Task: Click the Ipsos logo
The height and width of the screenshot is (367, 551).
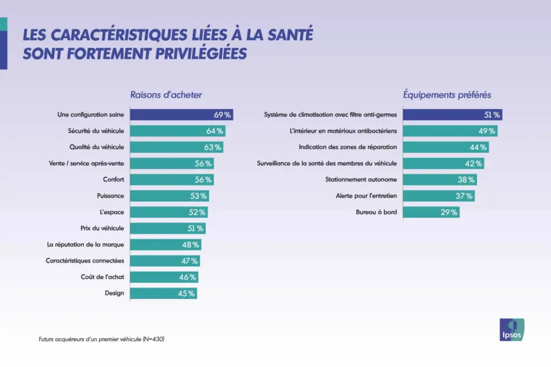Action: click(512, 329)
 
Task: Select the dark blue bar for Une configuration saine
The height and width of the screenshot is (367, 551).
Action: click(181, 115)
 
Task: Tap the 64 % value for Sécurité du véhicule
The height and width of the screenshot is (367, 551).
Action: click(215, 131)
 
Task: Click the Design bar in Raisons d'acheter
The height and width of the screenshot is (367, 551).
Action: click(163, 293)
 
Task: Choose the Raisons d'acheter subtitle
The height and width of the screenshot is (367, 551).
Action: click(166, 95)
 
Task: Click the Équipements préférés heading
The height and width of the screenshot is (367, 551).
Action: click(447, 95)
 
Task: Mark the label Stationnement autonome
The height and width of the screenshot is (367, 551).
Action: click(361, 180)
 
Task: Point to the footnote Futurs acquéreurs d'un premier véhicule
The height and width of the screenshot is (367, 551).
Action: click(101, 340)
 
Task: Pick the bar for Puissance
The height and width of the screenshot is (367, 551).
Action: click(168, 196)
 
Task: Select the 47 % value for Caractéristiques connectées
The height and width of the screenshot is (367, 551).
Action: click(189, 261)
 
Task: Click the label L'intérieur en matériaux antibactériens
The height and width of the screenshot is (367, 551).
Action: click(343, 131)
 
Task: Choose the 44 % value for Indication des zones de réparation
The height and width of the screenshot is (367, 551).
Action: click(478, 147)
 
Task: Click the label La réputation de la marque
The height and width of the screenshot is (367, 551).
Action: click(86, 244)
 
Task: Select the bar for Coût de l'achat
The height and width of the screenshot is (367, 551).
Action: click(164, 277)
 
